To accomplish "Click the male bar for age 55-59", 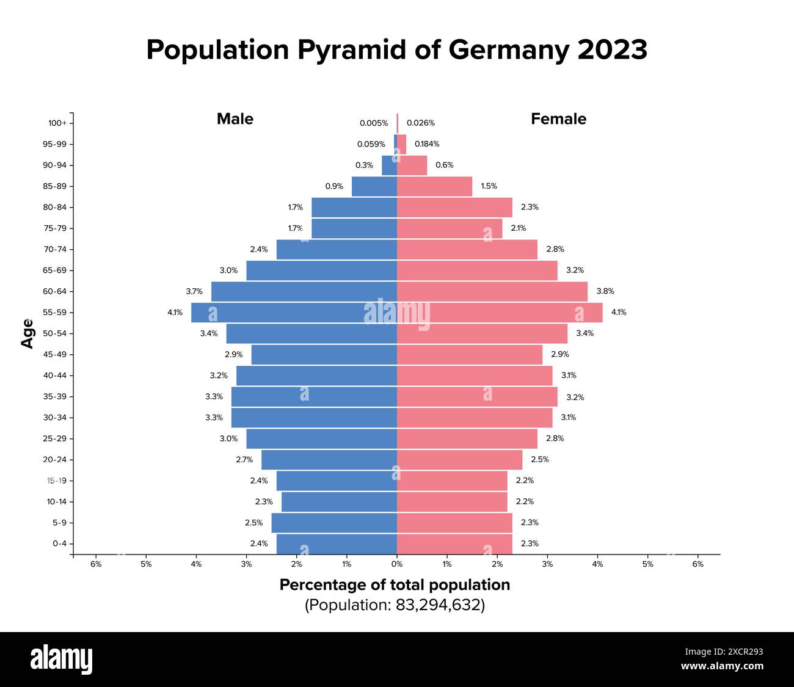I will click(x=294, y=313).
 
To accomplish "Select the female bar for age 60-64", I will click(x=492, y=291).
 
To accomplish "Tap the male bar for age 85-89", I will click(x=374, y=186).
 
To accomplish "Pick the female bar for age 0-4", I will click(x=454, y=543).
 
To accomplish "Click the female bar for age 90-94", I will click(x=412, y=165).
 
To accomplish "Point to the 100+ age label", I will click(x=57, y=123).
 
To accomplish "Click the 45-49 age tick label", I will click(x=55, y=355).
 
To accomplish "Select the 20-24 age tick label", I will click(x=55, y=460).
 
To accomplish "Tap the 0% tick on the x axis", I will click(x=397, y=564).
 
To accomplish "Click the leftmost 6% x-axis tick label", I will click(x=96, y=564).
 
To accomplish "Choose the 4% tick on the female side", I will click(x=597, y=564).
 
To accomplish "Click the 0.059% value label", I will click(x=371, y=144).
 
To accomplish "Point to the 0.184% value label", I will click(x=427, y=144).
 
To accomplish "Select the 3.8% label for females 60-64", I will click(x=605, y=291).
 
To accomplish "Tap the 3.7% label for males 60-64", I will click(x=194, y=291).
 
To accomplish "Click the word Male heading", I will click(x=235, y=119).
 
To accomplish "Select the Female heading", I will click(x=558, y=119).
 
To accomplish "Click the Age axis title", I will click(x=27, y=333).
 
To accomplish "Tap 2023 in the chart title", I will click(x=612, y=49).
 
